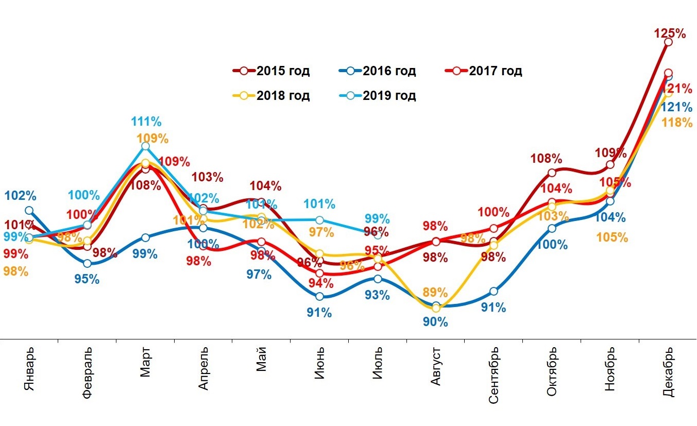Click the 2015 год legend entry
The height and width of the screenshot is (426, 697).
[x=271, y=71]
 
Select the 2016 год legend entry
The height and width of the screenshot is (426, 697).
[x=378, y=71]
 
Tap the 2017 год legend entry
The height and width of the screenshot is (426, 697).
[x=483, y=71]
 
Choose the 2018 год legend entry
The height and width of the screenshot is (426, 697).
[x=271, y=95]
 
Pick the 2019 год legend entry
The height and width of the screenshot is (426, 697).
[x=378, y=95]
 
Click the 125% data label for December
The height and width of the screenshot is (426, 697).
[x=670, y=34]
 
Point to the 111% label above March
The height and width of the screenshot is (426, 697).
[x=146, y=122]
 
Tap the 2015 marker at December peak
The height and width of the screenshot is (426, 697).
[x=668, y=42]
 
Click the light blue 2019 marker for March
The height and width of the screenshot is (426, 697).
[x=145, y=146]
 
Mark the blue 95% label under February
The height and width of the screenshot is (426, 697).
[x=87, y=279]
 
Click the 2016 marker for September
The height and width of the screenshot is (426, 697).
[x=494, y=291]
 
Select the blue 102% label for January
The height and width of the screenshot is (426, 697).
[x=20, y=196]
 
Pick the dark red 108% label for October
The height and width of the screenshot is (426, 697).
[x=546, y=159]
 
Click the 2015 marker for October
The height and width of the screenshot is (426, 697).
[x=552, y=173]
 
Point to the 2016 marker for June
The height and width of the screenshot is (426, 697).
[x=319, y=296]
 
